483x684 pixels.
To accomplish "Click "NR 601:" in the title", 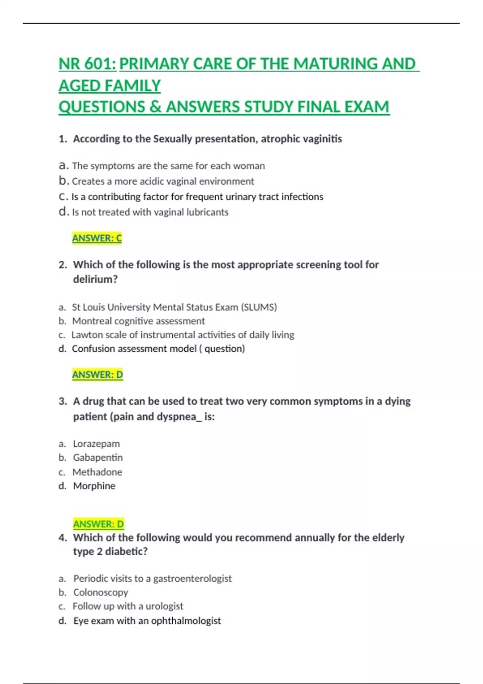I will tap(87, 64).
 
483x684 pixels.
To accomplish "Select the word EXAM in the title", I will tap(367, 107).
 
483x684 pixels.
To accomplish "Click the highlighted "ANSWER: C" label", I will tap(97, 238).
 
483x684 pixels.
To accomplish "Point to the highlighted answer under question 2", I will tap(97, 375).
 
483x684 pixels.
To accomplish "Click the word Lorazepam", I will tap(96, 444).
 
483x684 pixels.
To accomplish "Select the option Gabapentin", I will tap(98, 458).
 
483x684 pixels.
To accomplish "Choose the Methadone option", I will tap(97, 472).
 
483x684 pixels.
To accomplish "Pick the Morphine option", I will tap(94, 486).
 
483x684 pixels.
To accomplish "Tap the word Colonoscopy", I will tap(101, 592).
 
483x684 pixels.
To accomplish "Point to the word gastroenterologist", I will tap(192, 579).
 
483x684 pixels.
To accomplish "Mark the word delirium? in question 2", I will tap(95, 279).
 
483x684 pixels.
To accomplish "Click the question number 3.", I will tap(63, 402).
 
